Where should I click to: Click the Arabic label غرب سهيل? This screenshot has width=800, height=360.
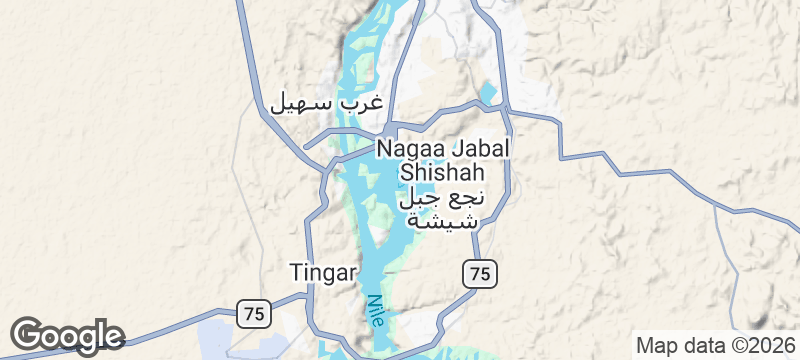click(x=327, y=103)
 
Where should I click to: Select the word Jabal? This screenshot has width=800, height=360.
click(x=479, y=148)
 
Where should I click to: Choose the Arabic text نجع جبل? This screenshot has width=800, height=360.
click(x=441, y=197)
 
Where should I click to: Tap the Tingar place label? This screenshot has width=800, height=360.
click(x=322, y=272)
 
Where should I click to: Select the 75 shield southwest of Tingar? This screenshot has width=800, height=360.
click(x=252, y=313)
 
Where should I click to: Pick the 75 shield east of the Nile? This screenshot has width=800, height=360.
click(x=480, y=272)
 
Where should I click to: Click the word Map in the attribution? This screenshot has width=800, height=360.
click(x=657, y=345)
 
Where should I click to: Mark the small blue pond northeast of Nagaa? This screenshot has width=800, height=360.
click(x=488, y=94)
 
